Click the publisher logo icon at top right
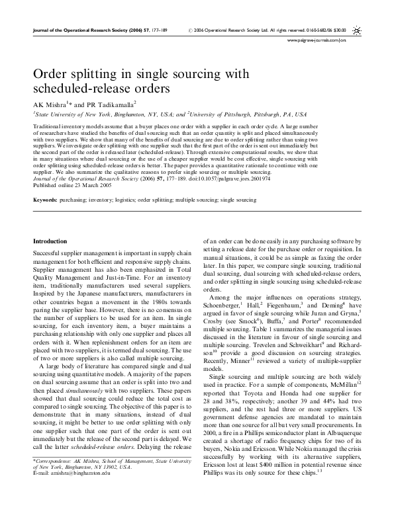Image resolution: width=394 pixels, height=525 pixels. (358, 30)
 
